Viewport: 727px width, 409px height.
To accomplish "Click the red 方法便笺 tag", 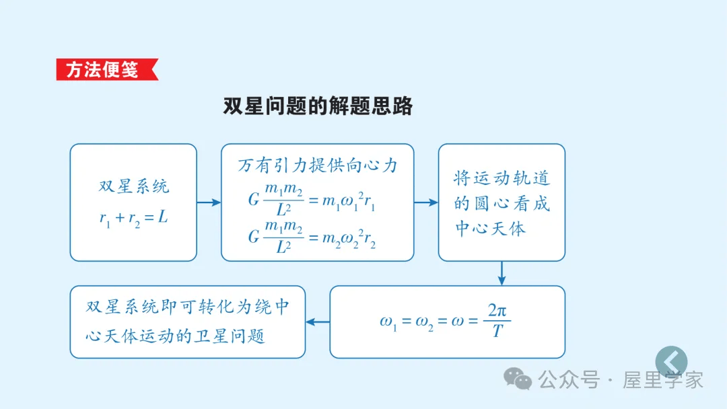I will click(105, 70).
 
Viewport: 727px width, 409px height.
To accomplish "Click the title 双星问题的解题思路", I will click(318, 106).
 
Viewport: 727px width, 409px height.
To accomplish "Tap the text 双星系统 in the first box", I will click(134, 186).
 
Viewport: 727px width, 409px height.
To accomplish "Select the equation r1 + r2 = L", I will click(133, 219).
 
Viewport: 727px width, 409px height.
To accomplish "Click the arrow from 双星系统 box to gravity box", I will click(209, 202).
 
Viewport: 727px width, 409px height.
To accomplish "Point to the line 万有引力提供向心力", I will click(318, 165).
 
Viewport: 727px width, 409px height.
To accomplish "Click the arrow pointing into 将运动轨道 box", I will click(425, 202).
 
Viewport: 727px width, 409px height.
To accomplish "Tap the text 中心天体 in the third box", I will click(490, 229).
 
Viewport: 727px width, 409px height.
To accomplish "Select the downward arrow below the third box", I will click(501, 273).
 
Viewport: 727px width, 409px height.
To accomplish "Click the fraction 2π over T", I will click(497, 321).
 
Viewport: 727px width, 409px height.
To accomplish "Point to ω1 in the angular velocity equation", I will click(389, 322).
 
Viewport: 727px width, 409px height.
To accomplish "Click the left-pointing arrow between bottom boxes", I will click(318, 322).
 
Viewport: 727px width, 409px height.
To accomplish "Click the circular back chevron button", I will click(671, 362).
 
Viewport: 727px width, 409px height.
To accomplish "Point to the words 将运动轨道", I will click(501, 178).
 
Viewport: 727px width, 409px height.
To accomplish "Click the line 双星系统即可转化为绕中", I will click(188, 307).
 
